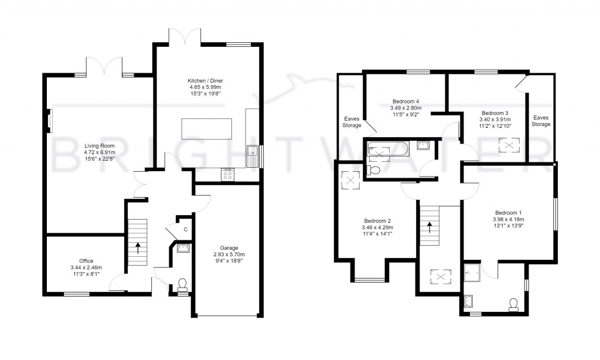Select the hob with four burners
tap(227, 174)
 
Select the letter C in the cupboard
tap(185, 229)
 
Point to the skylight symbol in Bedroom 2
tap(352, 180)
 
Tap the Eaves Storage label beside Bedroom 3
tap(541, 121)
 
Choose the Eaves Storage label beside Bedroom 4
tap(352, 121)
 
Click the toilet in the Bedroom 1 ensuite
tap(514, 303)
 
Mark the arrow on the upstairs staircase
tap(431, 227)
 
